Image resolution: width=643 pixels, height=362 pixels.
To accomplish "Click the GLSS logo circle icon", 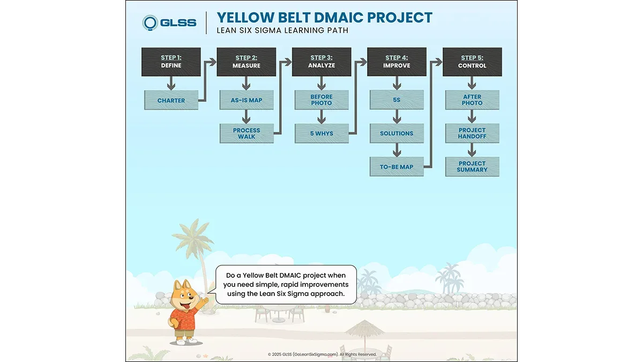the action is [150, 23].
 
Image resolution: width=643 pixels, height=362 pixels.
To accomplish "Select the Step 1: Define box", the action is [171, 62].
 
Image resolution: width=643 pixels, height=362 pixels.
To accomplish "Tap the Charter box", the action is [171, 100].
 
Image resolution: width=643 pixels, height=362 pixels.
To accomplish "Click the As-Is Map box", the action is [246, 100].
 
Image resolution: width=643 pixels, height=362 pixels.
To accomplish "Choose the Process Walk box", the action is [246, 134].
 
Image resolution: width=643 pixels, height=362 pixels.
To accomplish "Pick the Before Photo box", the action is [322, 100].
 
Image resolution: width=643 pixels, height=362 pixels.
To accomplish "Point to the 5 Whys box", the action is [322, 134].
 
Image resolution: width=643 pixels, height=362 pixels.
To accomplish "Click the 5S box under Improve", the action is [397, 100].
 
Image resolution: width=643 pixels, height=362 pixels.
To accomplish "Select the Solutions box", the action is [397, 134].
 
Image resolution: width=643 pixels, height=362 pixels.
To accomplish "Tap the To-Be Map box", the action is [397, 167].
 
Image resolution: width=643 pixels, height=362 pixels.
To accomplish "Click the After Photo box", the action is [472, 100].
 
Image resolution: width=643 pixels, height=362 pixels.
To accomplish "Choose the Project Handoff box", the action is [472, 134].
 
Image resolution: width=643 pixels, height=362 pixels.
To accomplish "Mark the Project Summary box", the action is [472, 167].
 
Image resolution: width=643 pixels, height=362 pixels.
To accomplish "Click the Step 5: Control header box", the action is [472, 62].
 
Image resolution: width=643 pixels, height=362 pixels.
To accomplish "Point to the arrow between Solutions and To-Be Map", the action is [397, 150].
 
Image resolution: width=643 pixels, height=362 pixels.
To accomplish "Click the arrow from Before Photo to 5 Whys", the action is [322, 117].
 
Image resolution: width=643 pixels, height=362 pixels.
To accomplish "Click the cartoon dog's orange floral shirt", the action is [183, 319].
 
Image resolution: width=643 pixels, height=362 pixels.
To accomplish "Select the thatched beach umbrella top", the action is [364, 328].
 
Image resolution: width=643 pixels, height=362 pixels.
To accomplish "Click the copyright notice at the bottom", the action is [322, 354].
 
